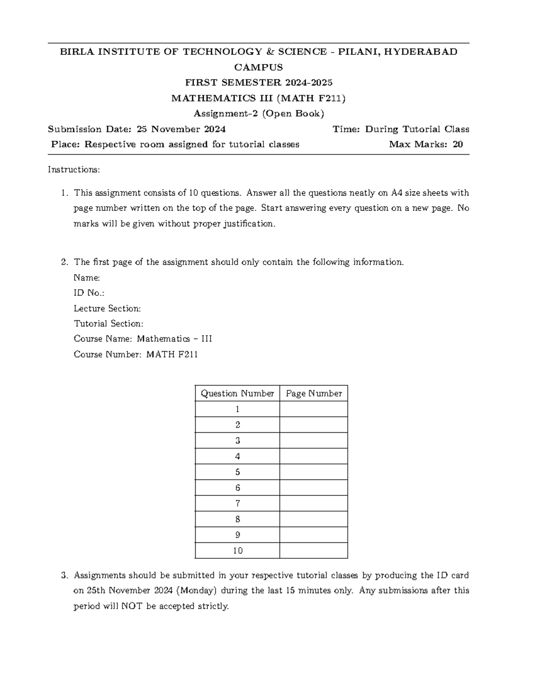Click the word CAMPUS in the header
coord(259,67)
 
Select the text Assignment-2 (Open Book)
coord(259,113)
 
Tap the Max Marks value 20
coord(457,144)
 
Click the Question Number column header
coord(237,393)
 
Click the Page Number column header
coord(313,393)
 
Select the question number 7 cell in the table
coord(237,504)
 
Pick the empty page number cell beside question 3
coord(313,440)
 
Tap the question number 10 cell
coord(237,551)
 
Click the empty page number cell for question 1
coord(313,409)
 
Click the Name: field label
coord(86,278)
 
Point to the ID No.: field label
coord(89,293)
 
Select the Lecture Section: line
coord(107,308)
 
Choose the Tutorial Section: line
coord(108,323)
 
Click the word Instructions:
coord(74,170)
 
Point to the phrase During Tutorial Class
coord(417,129)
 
